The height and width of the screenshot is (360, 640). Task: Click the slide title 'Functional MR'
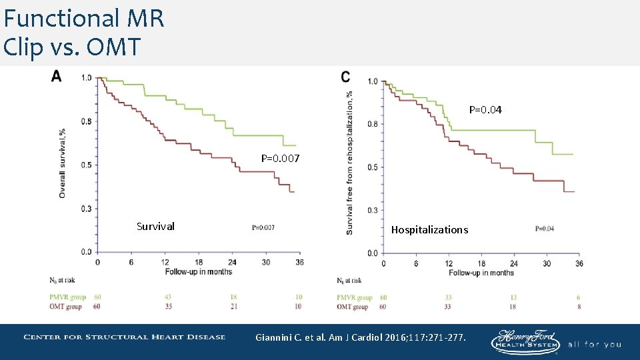[x=84, y=18]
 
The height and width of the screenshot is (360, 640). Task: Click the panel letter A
[x=57, y=77]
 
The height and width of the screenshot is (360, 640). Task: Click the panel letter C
[x=345, y=77]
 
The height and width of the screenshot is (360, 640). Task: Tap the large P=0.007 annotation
[x=280, y=159]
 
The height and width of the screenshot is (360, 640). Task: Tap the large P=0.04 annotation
[x=485, y=109]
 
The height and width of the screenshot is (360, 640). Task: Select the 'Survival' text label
[x=155, y=226]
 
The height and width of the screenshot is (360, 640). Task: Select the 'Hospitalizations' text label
[x=429, y=229]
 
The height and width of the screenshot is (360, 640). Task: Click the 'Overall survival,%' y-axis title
[x=63, y=163]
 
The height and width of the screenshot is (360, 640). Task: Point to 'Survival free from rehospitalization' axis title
[x=350, y=163]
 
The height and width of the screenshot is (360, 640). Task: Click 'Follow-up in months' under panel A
[x=199, y=271]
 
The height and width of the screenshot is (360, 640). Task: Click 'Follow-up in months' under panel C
[x=481, y=273]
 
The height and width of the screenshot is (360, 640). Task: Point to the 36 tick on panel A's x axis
[x=299, y=262]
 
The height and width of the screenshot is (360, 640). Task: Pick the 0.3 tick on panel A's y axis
[x=87, y=209]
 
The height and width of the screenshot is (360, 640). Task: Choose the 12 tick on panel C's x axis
[x=449, y=263]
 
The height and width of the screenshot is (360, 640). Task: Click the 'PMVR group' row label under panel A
[x=67, y=297]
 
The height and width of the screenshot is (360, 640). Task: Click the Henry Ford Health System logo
[x=525, y=341]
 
